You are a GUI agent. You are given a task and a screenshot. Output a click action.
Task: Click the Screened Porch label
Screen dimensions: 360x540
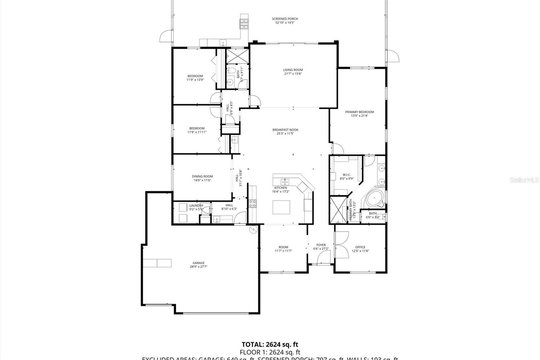[285, 19]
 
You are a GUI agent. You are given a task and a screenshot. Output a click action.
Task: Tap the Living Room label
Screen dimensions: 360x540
[293, 70]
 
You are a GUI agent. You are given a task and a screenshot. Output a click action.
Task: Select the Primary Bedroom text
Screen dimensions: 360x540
[359, 112]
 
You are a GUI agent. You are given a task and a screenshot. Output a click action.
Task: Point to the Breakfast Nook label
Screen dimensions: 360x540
[285, 130]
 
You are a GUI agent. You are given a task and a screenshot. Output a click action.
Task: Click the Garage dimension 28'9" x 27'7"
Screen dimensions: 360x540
[198, 266]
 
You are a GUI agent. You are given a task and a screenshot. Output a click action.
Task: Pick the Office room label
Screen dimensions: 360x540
[360, 247]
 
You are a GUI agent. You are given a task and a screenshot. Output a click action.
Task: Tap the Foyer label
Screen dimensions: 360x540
[321, 245]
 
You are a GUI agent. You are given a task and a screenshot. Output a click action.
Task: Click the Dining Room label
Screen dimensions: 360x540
[202, 176]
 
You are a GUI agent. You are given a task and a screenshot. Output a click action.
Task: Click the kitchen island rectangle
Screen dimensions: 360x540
[281, 207]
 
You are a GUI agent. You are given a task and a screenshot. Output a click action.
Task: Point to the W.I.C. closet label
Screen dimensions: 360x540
[347, 175]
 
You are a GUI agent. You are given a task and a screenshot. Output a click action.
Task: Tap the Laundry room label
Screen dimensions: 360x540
[196, 205]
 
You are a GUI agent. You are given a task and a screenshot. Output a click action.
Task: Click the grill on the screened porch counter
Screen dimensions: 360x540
[244, 23]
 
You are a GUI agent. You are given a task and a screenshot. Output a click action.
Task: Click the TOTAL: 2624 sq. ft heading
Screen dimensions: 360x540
[270, 344]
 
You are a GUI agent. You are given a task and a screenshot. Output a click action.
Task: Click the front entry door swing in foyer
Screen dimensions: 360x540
[317, 257]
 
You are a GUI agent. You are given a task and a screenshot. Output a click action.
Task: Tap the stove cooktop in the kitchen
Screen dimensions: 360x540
[252, 203]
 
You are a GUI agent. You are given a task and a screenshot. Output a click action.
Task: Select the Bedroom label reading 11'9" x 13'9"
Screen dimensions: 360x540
[195, 76]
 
